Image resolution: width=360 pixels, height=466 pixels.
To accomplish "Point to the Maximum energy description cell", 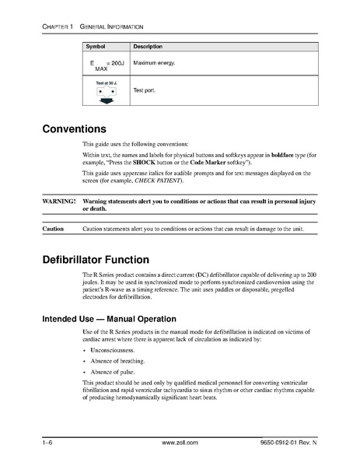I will click(x=155, y=62).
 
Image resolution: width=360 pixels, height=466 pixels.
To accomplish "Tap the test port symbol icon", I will click(x=106, y=92).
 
